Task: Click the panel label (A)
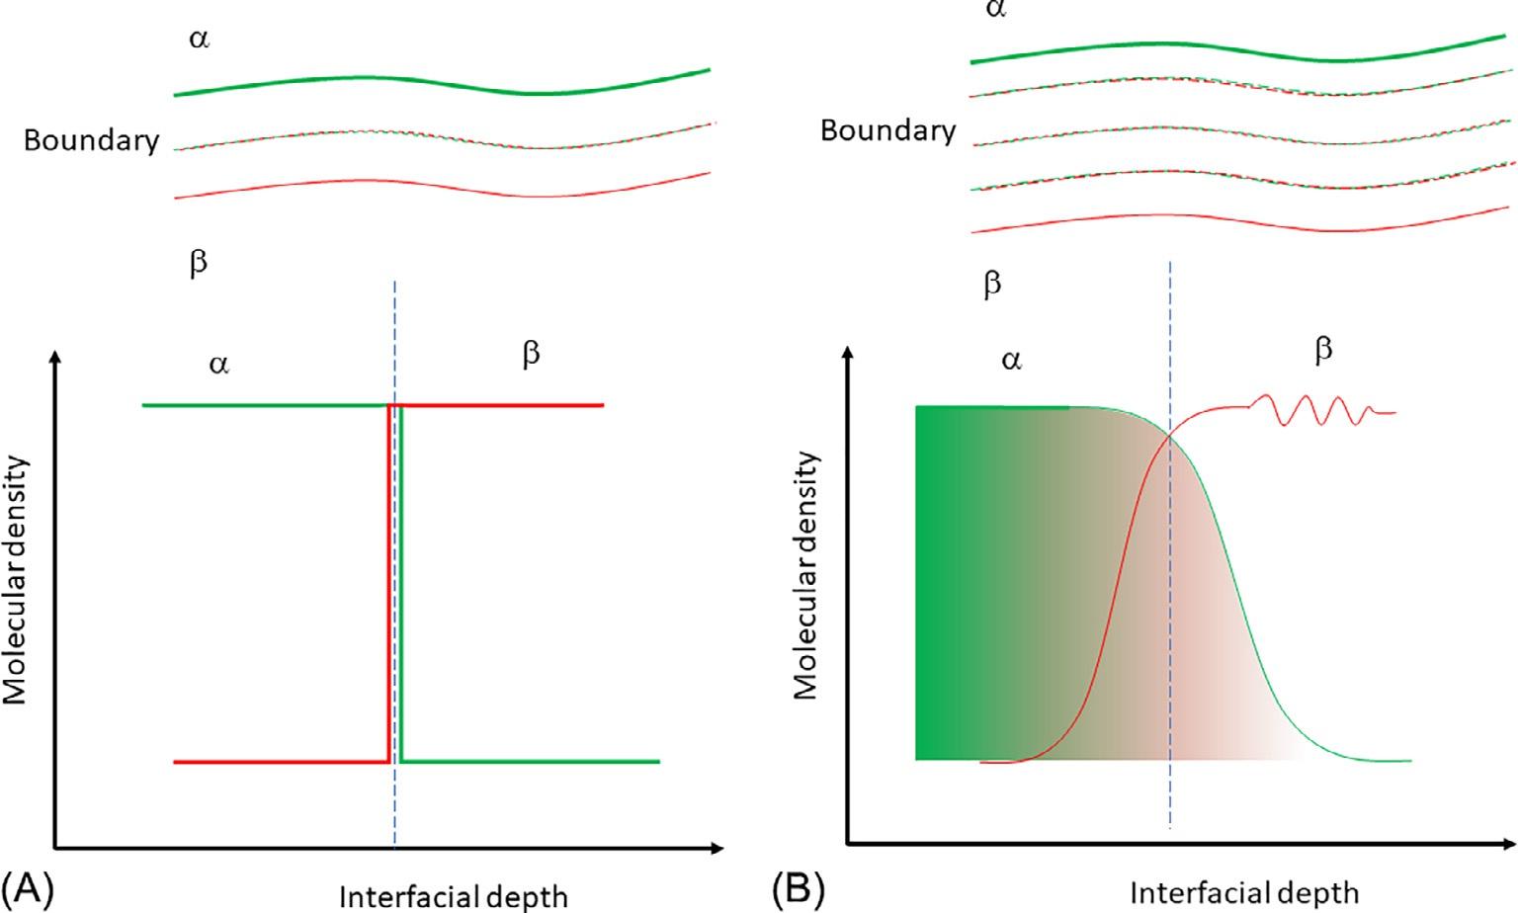click(27, 889)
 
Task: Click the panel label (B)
click(798, 889)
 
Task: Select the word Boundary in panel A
click(91, 141)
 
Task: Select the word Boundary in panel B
click(887, 131)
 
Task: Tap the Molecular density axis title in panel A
click(16, 580)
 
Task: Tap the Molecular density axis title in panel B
click(806, 576)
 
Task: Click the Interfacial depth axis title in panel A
click(454, 896)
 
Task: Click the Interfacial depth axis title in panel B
click(1244, 893)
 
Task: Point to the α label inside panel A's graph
click(218, 365)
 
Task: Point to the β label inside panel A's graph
click(531, 355)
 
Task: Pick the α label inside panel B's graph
click(1010, 361)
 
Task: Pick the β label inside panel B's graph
click(1323, 350)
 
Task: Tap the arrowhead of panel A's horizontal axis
click(717, 848)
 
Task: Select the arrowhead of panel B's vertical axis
click(847, 353)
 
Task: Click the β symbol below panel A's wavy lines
click(198, 265)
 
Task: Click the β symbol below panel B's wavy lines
click(992, 286)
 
